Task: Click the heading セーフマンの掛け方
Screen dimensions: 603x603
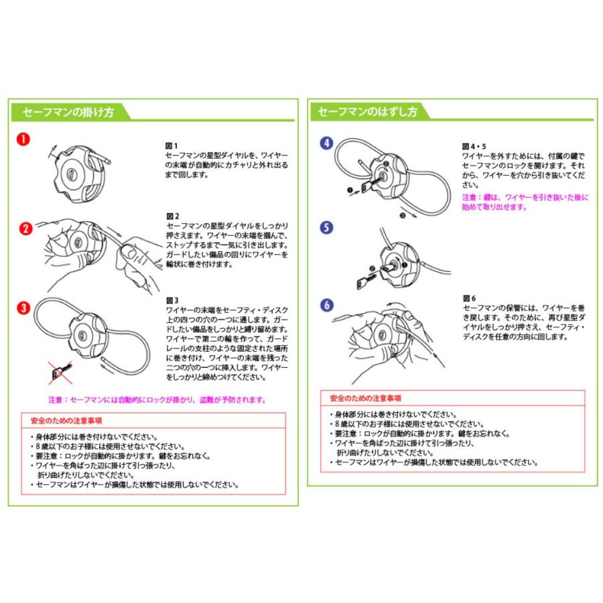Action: (x=68, y=112)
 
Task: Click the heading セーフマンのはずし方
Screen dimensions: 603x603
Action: (x=367, y=112)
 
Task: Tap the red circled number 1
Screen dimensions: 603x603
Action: (x=23, y=139)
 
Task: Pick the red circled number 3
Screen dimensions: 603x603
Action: (x=24, y=308)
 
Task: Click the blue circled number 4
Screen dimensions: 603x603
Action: (x=326, y=143)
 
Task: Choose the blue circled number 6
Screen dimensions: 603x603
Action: (x=326, y=305)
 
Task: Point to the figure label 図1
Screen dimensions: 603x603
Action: (x=172, y=145)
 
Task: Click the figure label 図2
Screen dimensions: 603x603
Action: (x=172, y=216)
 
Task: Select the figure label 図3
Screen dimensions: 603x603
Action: (x=172, y=300)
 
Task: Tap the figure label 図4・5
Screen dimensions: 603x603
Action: (x=474, y=145)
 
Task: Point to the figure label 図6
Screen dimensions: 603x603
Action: (x=469, y=297)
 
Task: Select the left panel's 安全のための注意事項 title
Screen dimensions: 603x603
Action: (x=66, y=421)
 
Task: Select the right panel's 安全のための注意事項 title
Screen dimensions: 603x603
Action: (x=366, y=398)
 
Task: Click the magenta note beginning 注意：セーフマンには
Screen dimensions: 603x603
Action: (x=157, y=400)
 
